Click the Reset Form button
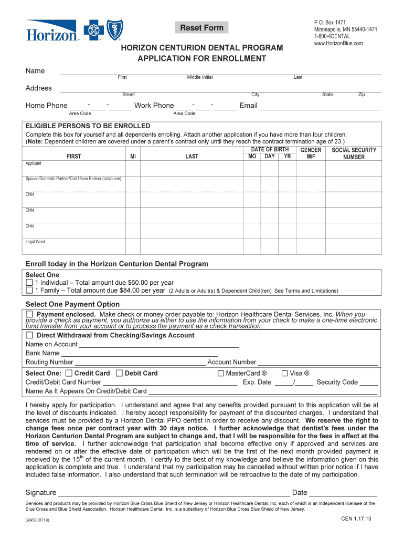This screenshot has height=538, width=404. [x=202, y=28]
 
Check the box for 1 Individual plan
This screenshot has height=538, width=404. [x=29, y=283]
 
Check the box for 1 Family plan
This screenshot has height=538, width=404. [x=29, y=291]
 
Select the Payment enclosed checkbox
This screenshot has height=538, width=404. [x=29, y=314]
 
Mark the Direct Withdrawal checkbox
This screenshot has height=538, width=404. [x=29, y=335]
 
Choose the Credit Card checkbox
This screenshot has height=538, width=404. [x=70, y=374]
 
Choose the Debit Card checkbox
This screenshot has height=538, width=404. [x=119, y=374]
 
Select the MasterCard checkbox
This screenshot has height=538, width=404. [x=220, y=374]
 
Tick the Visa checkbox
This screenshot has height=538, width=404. [x=285, y=374]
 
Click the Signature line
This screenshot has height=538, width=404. [x=173, y=493]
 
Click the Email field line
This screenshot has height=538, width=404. [x=320, y=106]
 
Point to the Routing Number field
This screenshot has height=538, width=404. [x=140, y=362]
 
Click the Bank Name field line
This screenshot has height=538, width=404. [x=139, y=354]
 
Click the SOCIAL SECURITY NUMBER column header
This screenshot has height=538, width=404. [x=354, y=153]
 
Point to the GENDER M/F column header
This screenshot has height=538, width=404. [x=311, y=153]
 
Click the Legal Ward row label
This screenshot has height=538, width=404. [x=36, y=242]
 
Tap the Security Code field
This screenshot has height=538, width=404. [x=369, y=383]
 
